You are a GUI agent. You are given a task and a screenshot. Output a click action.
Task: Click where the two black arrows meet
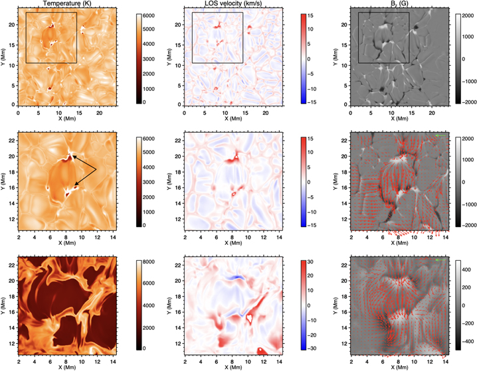96,171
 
